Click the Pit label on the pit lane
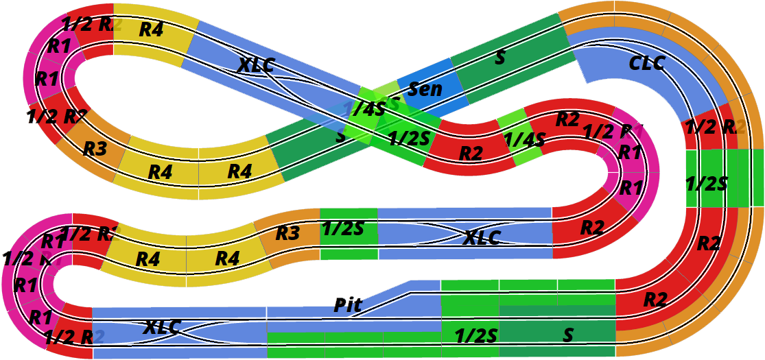click(348, 305)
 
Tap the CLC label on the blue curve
click(647, 63)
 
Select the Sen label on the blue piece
click(425, 88)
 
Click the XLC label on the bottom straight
click(163, 327)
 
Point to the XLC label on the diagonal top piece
click(256, 65)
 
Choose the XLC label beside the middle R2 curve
click(482, 238)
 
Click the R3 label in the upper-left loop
click(95, 148)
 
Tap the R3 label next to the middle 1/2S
click(288, 233)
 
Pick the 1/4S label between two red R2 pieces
click(524, 140)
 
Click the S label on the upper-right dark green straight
click(500, 58)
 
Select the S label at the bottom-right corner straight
click(568, 335)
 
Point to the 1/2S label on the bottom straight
click(476, 335)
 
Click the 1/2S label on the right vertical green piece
click(707, 183)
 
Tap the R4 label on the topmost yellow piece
click(151, 29)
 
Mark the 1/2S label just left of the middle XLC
click(343, 228)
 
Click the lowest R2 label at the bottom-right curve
click(655, 299)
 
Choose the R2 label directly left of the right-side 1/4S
click(471, 154)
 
